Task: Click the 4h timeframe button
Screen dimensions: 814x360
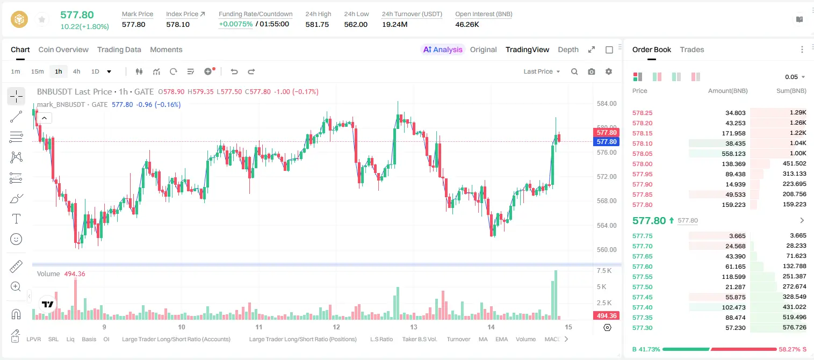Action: click(x=76, y=71)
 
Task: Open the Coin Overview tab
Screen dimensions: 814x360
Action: click(x=63, y=49)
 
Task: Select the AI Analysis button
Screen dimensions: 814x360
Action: click(x=442, y=49)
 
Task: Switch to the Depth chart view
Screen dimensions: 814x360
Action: click(x=568, y=49)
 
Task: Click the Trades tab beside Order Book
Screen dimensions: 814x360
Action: click(x=691, y=49)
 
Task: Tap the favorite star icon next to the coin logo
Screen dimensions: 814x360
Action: click(x=42, y=19)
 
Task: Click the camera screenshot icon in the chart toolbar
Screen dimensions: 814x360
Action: click(x=591, y=71)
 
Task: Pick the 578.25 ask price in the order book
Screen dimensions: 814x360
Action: click(x=642, y=113)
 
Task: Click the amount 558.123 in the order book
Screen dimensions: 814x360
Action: click(x=733, y=154)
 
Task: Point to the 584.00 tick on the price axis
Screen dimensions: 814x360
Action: click(x=607, y=104)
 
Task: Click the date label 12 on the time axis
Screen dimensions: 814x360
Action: click(x=336, y=327)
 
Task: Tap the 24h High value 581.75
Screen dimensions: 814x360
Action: click(x=317, y=24)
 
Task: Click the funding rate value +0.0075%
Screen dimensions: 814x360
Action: click(x=235, y=24)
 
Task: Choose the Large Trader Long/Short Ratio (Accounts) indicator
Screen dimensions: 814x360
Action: click(x=176, y=339)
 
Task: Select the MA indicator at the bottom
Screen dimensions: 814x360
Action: click(x=483, y=339)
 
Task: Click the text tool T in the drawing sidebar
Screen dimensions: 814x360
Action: click(x=16, y=219)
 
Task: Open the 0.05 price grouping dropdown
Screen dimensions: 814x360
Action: click(x=795, y=77)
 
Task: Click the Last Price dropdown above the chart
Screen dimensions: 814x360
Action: click(x=542, y=71)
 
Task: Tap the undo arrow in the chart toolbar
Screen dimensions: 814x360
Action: click(x=234, y=71)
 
